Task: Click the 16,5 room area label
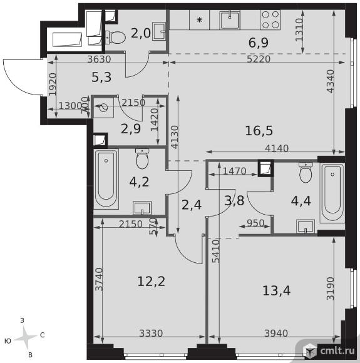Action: [259, 131]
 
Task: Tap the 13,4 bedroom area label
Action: [276, 290]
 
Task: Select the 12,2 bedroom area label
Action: [151, 282]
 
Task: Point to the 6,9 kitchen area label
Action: [259, 43]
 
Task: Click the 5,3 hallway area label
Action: [101, 77]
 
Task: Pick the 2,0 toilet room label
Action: [141, 33]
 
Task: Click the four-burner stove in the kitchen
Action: [270, 19]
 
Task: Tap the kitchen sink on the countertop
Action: [230, 20]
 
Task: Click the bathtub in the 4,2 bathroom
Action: [106, 179]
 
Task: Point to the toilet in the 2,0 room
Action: [116, 37]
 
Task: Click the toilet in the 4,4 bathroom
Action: [306, 173]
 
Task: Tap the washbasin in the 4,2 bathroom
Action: [142, 208]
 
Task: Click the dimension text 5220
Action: [259, 59]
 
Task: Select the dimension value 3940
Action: [276, 334]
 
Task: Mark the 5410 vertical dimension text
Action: [216, 251]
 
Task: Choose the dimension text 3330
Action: [151, 334]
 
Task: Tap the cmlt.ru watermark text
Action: [337, 351]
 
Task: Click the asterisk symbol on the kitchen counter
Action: [199, 20]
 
